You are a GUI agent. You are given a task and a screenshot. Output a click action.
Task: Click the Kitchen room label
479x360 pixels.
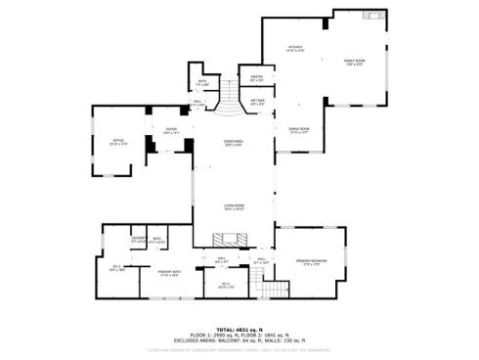tap(294, 47)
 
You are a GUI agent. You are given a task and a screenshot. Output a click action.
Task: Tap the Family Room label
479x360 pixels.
tap(353, 64)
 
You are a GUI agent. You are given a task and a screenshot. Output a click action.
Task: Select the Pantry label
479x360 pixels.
tap(256, 79)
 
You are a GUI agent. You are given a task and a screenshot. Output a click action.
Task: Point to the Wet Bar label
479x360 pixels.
tap(257, 101)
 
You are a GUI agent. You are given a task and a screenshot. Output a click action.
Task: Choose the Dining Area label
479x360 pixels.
tap(233, 144)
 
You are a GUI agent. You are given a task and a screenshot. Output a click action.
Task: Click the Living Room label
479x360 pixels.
tap(233, 207)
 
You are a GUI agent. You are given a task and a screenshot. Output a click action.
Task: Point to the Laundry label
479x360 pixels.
tap(138, 239)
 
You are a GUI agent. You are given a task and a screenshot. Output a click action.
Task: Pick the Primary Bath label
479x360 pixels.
tap(168, 273)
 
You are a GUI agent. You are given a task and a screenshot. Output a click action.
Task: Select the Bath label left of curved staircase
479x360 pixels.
tap(203, 82)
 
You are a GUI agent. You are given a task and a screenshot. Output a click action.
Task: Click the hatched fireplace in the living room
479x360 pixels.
tap(233, 237)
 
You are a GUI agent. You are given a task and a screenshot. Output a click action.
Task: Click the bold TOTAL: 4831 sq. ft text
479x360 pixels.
tap(239, 329)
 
